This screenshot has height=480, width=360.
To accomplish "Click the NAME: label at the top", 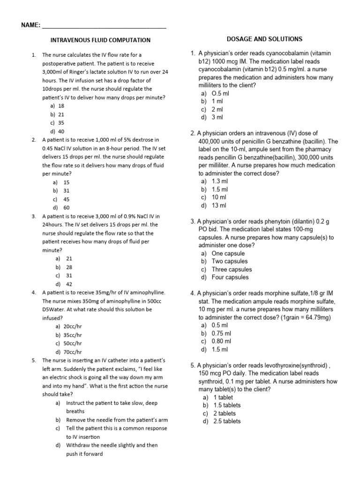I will click(x=30, y=25).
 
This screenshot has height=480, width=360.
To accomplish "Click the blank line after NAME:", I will click(x=104, y=27).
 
